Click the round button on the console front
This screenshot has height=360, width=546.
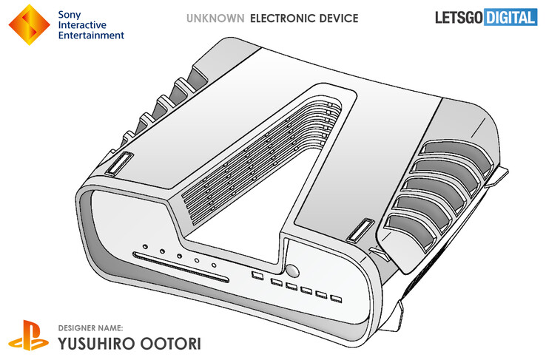tap(292, 271)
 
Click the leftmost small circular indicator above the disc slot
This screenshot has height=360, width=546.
tap(146, 245)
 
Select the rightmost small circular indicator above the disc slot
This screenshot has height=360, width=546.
tap(214, 265)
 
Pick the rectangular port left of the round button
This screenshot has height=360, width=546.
tap(257, 276)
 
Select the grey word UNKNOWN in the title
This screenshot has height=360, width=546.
tap(216, 17)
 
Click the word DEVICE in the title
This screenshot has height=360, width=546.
tap(337, 17)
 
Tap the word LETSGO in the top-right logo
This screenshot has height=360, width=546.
tap(456, 17)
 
